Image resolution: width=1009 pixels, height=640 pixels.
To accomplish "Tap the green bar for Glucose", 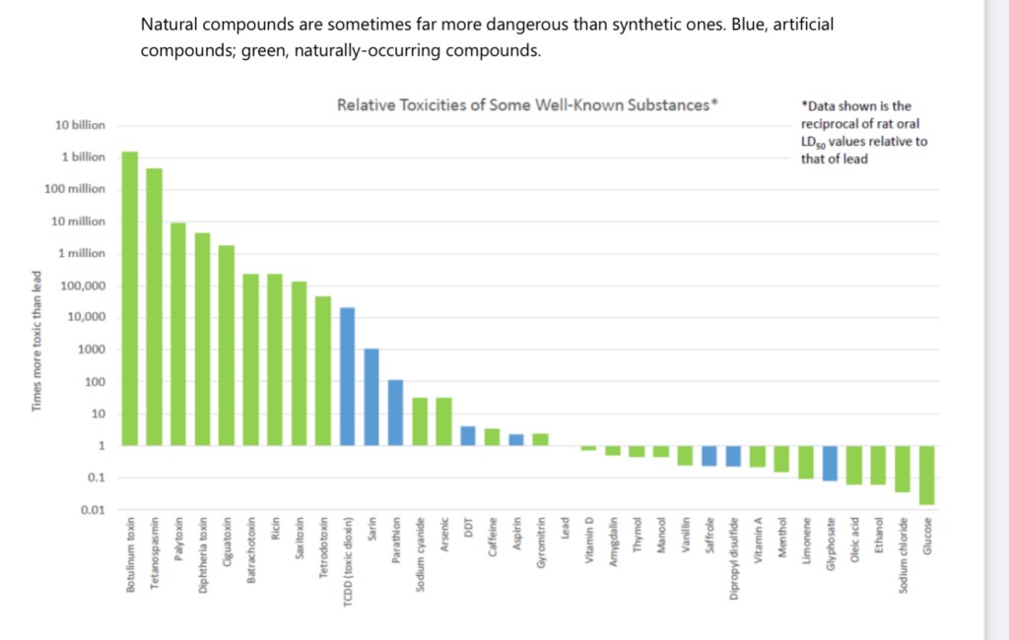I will click(x=926, y=475).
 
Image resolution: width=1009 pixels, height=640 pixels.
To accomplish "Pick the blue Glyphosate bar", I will click(x=830, y=463).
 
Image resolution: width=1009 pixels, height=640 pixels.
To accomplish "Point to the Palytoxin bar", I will click(x=178, y=334).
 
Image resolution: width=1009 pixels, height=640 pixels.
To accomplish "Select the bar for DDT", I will click(x=468, y=435).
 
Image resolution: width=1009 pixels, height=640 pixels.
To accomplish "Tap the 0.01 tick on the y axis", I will click(x=92, y=510).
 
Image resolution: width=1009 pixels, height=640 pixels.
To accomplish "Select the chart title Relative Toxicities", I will click(x=527, y=104).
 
